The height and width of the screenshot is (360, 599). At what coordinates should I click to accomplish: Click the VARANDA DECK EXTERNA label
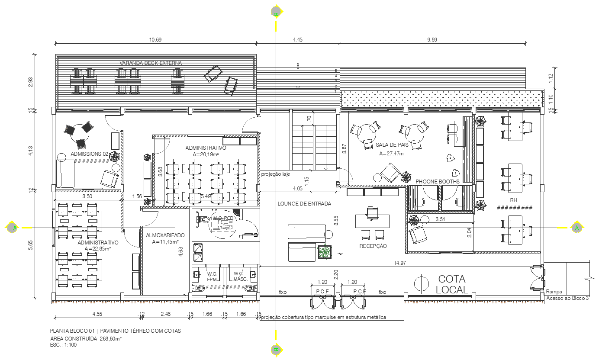tap(151, 63)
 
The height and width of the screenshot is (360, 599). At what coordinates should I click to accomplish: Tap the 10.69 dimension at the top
tap(155, 39)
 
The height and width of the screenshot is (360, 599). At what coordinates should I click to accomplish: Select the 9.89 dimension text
tap(432, 39)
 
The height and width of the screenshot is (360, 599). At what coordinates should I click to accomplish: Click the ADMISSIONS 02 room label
tap(89, 154)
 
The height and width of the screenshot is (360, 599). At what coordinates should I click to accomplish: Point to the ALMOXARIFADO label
tap(165, 235)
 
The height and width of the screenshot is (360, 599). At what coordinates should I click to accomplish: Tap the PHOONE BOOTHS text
tap(438, 181)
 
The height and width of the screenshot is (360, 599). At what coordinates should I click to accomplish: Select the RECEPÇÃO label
tap(373, 246)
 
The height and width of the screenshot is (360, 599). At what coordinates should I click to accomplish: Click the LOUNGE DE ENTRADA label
tap(304, 203)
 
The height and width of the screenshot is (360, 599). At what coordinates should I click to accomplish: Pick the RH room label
tap(514, 200)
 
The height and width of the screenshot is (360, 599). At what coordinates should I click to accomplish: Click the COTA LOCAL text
tap(452, 284)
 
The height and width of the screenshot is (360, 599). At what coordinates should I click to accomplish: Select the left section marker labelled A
tap(14, 227)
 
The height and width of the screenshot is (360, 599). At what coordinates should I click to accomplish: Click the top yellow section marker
tap(276, 12)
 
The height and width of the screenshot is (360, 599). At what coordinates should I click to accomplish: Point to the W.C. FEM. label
tap(212, 276)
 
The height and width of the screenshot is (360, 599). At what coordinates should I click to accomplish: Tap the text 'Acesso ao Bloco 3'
tap(567, 298)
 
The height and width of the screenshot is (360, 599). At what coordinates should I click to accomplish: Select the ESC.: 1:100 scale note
tap(63, 345)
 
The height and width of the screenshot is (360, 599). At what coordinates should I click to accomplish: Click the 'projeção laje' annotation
tap(275, 174)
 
